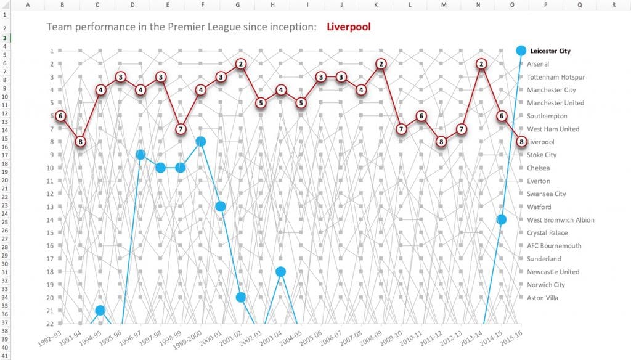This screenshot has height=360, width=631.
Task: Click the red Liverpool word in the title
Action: [349, 28]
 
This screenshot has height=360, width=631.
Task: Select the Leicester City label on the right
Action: [550, 51]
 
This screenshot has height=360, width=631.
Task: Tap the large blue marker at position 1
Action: [521, 51]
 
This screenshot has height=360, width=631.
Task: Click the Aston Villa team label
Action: [543, 298]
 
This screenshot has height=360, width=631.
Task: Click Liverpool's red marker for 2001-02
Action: [241, 63]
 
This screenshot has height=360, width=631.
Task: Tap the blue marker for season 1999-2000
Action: [200, 142]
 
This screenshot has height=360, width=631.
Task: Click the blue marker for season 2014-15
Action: [502, 219]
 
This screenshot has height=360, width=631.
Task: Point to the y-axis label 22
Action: [51, 324]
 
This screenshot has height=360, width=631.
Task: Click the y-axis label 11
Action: [51, 181]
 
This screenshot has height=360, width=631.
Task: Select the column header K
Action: [376, 4]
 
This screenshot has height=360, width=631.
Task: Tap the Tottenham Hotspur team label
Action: [556, 77]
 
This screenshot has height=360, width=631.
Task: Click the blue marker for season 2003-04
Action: [280, 272]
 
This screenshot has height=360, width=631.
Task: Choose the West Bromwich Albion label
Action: [560, 220]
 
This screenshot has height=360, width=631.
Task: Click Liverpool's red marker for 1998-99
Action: [181, 129]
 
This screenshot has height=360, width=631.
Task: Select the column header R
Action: [614, 4]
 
